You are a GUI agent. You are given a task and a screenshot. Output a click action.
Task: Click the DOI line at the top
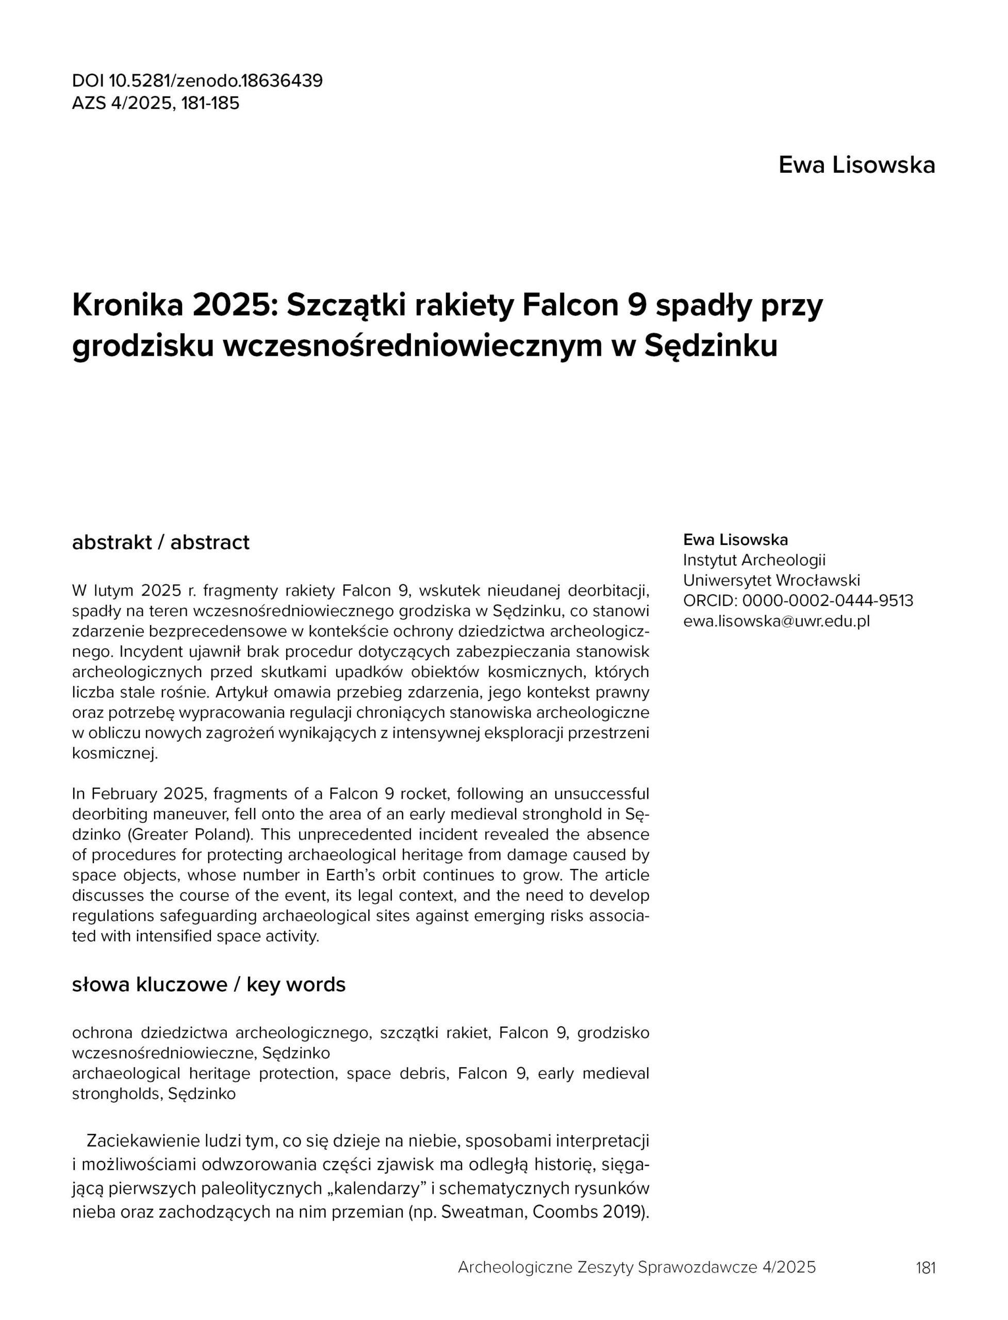click(x=197, y=80)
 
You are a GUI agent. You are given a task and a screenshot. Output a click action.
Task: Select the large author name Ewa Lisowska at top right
click(x=856, y=165)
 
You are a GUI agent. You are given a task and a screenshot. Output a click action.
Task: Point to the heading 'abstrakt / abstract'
click(x=160, y=542)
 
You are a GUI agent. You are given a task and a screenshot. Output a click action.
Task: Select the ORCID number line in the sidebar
click(x=798, y=601)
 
